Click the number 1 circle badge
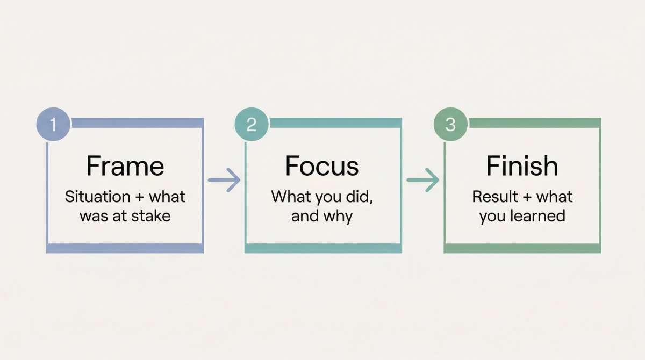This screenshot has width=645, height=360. pos(53,125)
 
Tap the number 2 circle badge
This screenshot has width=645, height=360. pos(251,125)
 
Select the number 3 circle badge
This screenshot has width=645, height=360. pos(450,125)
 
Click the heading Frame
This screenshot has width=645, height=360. pos(125,167)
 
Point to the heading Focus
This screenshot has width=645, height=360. pos(322,167)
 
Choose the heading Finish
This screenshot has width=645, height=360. pos(522,167)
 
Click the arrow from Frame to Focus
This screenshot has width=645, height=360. pos(224,179)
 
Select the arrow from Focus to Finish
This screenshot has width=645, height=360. pos(422,179)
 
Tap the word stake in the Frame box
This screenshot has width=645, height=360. pos(154,216)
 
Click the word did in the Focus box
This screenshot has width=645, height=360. pos(360,197)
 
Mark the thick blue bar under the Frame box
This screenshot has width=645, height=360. pos(125,248)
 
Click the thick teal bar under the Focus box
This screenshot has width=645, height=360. pos(323,248)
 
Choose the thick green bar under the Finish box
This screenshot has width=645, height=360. pos(522,248)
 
